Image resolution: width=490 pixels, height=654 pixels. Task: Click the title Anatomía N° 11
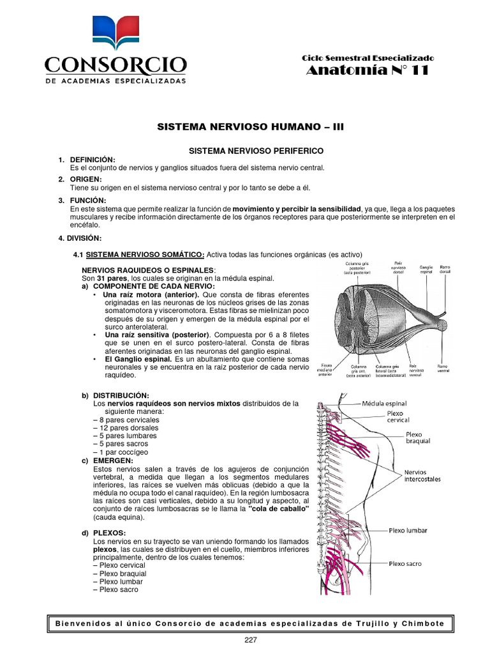[x=367, y=71]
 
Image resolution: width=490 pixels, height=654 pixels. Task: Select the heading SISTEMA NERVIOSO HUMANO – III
[x=250, y=128]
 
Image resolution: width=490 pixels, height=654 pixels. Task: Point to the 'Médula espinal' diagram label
[x=384, y=404]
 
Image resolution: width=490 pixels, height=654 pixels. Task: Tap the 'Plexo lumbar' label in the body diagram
[x=408, y=531]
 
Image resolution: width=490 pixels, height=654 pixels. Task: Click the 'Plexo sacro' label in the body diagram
[x=406, y=563]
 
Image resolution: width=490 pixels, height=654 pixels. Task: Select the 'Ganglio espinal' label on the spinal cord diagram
[x=426, y=270]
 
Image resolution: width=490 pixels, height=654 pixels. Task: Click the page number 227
[x=250, y=641]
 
